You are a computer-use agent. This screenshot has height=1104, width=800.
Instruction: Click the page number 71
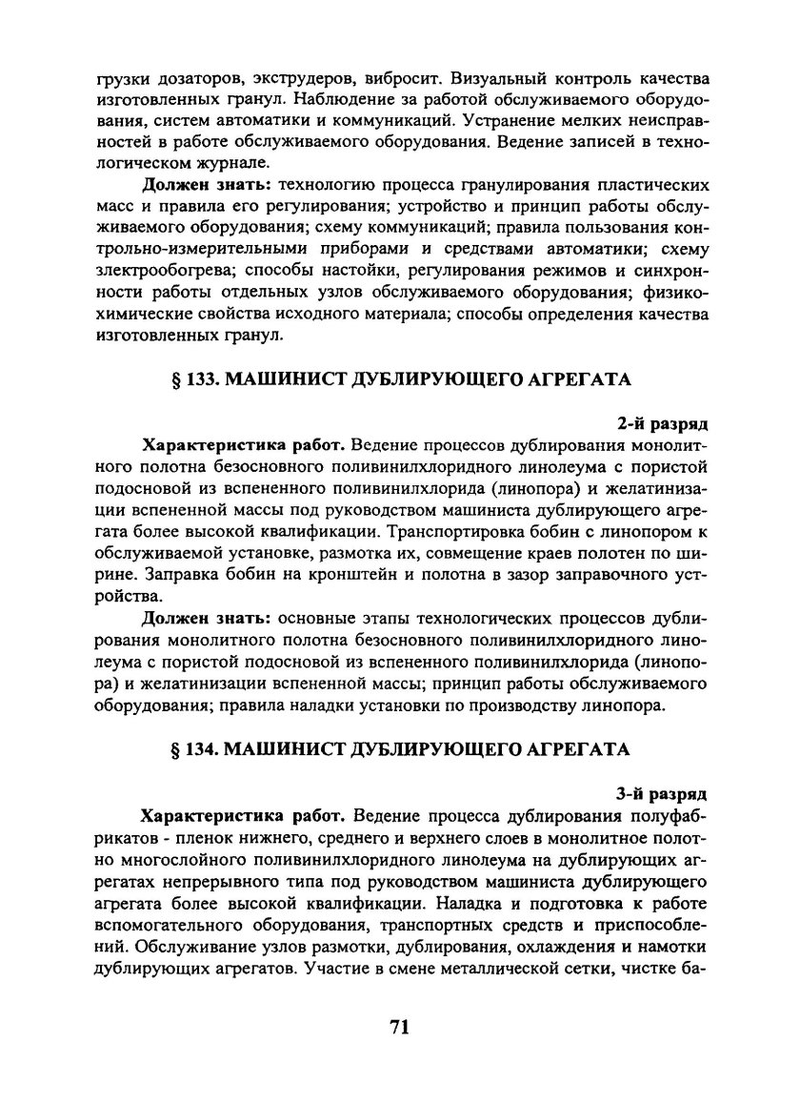400,1027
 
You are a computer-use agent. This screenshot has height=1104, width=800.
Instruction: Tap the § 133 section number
187,379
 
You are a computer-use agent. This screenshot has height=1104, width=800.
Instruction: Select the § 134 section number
187,749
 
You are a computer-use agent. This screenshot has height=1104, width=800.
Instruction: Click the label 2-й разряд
661,422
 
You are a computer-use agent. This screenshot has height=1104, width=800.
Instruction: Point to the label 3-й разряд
661,792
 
